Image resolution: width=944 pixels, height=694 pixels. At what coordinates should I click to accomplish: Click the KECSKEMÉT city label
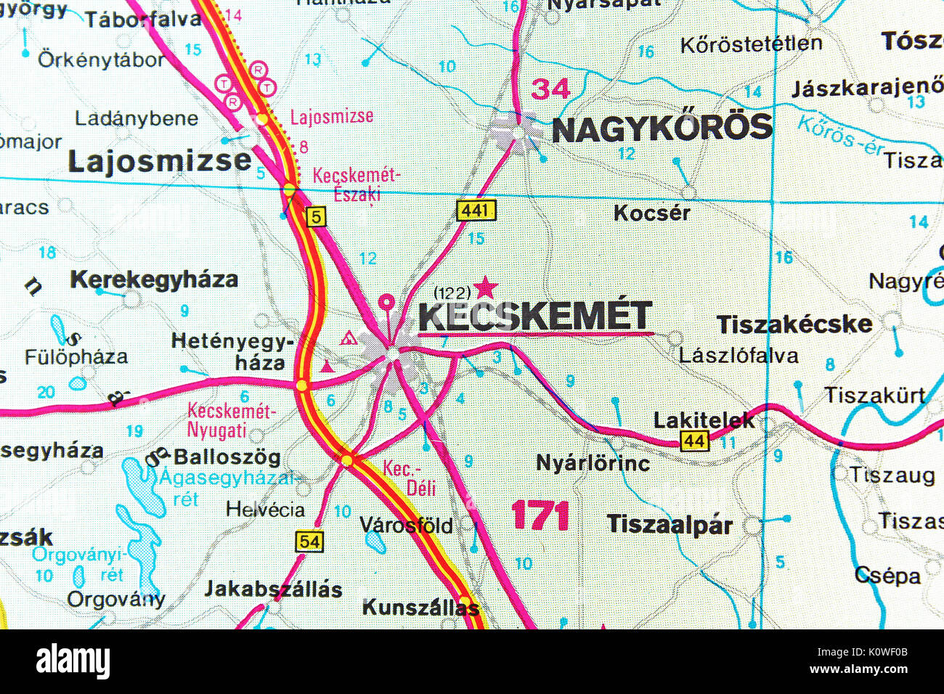(x=535, y=317)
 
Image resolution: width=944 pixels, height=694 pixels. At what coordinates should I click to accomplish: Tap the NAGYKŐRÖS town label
(x=662, y=128)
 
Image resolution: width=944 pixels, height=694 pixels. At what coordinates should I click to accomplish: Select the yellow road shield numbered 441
(x=476, y=211)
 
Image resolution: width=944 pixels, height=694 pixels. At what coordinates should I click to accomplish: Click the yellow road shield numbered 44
(x=694, y=440)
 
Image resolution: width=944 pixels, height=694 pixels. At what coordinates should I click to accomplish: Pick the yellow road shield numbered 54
(x=309, y=541)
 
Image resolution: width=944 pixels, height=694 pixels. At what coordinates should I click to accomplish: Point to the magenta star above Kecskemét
(x=486, y=287)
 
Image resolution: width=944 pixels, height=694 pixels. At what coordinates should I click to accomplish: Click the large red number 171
(x=540, y=516)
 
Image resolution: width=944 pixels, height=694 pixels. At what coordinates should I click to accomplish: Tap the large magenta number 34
(x=551, y=89)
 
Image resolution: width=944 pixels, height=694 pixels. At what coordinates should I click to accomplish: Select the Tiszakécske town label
(x=794, y=324)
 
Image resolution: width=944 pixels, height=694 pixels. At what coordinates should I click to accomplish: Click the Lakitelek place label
(x=704, y=420)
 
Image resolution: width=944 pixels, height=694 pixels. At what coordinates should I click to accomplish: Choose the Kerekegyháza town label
(x=154, y=279)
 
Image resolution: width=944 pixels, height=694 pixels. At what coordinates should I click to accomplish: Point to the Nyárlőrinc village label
(x=593, y=462)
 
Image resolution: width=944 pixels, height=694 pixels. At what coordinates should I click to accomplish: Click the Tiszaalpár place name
(x=670, y=524)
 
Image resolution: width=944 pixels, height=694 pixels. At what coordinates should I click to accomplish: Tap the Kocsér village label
(x=651, y=213)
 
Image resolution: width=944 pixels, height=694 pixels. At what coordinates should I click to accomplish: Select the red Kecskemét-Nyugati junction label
(x=231, y=420)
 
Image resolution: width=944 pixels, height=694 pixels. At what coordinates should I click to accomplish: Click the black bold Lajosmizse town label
(x=160, y=161)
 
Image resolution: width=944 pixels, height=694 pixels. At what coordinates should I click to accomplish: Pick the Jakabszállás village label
(x=273, y=588)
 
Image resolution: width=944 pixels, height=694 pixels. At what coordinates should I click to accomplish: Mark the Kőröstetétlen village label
(x=751, y=44)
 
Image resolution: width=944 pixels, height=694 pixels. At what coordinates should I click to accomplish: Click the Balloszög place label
(x=227, y=457)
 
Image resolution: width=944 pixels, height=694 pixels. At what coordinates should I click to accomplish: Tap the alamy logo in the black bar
(x=73, y=661)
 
